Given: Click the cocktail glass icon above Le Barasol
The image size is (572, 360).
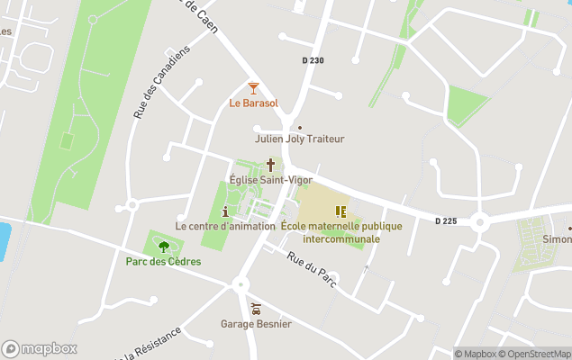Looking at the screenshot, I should coord(253,87).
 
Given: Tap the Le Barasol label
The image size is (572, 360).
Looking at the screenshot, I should coord(253,103).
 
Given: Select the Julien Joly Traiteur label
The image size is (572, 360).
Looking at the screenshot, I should coord(300,139).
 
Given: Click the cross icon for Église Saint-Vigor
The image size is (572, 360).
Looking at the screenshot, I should coord(269,165).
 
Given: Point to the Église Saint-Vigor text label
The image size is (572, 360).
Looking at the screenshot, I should coord(269,180).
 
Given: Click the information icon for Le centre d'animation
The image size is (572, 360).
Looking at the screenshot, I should coord(225,211).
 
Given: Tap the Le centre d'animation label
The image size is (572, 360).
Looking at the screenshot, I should coord(225,226).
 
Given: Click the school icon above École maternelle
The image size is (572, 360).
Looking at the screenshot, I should coord(340,211).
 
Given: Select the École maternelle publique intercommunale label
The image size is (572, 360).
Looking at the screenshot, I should coord(341,232).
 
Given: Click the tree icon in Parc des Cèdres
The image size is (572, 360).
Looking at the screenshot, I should coord(163,246).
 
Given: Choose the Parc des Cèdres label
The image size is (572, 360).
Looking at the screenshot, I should coord(163,262).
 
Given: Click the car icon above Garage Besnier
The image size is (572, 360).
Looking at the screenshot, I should coord(256,308).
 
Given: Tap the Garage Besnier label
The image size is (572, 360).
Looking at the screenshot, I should coord(256,323).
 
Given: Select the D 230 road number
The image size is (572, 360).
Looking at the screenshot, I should coord(313,61).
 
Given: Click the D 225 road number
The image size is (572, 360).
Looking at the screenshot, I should coord(447,220).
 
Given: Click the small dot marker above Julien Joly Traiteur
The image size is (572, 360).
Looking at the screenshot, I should coord(300,128).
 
